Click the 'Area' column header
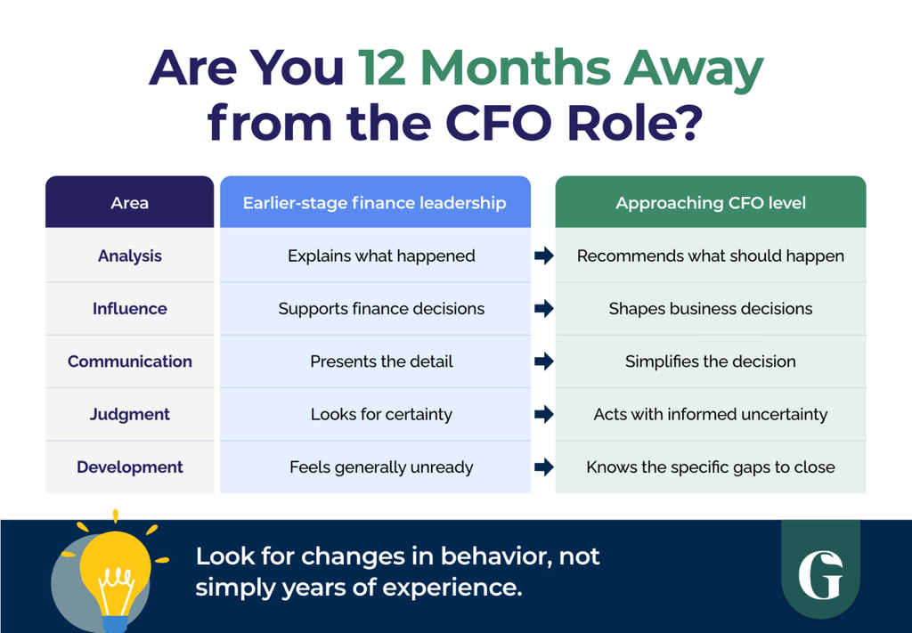click(x=130, y=203)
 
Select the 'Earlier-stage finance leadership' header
click(x=375, y=203)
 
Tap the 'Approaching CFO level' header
click(x=711, y=203)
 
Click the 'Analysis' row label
click(x=130, y=256)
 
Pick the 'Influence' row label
click(x=130, y=309)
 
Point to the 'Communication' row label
click(x=130, y=361)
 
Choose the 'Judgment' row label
click(x=130, y=415)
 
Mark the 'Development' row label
click(x=130, y=467)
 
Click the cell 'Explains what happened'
click(x=381, y=256)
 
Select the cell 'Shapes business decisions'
click(x=711, y=309)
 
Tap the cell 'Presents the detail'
click(x=381, y=361)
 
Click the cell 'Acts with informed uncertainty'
click(x=711, y=415)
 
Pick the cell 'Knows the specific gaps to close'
click(x=711, y=467)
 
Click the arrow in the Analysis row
click(x=544, y=256)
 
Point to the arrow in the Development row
click(x=544, y=467)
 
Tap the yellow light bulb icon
click(x=115, y=572)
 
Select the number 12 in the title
click(x=381, y=68)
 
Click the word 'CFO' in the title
click(x=498, y=123)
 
